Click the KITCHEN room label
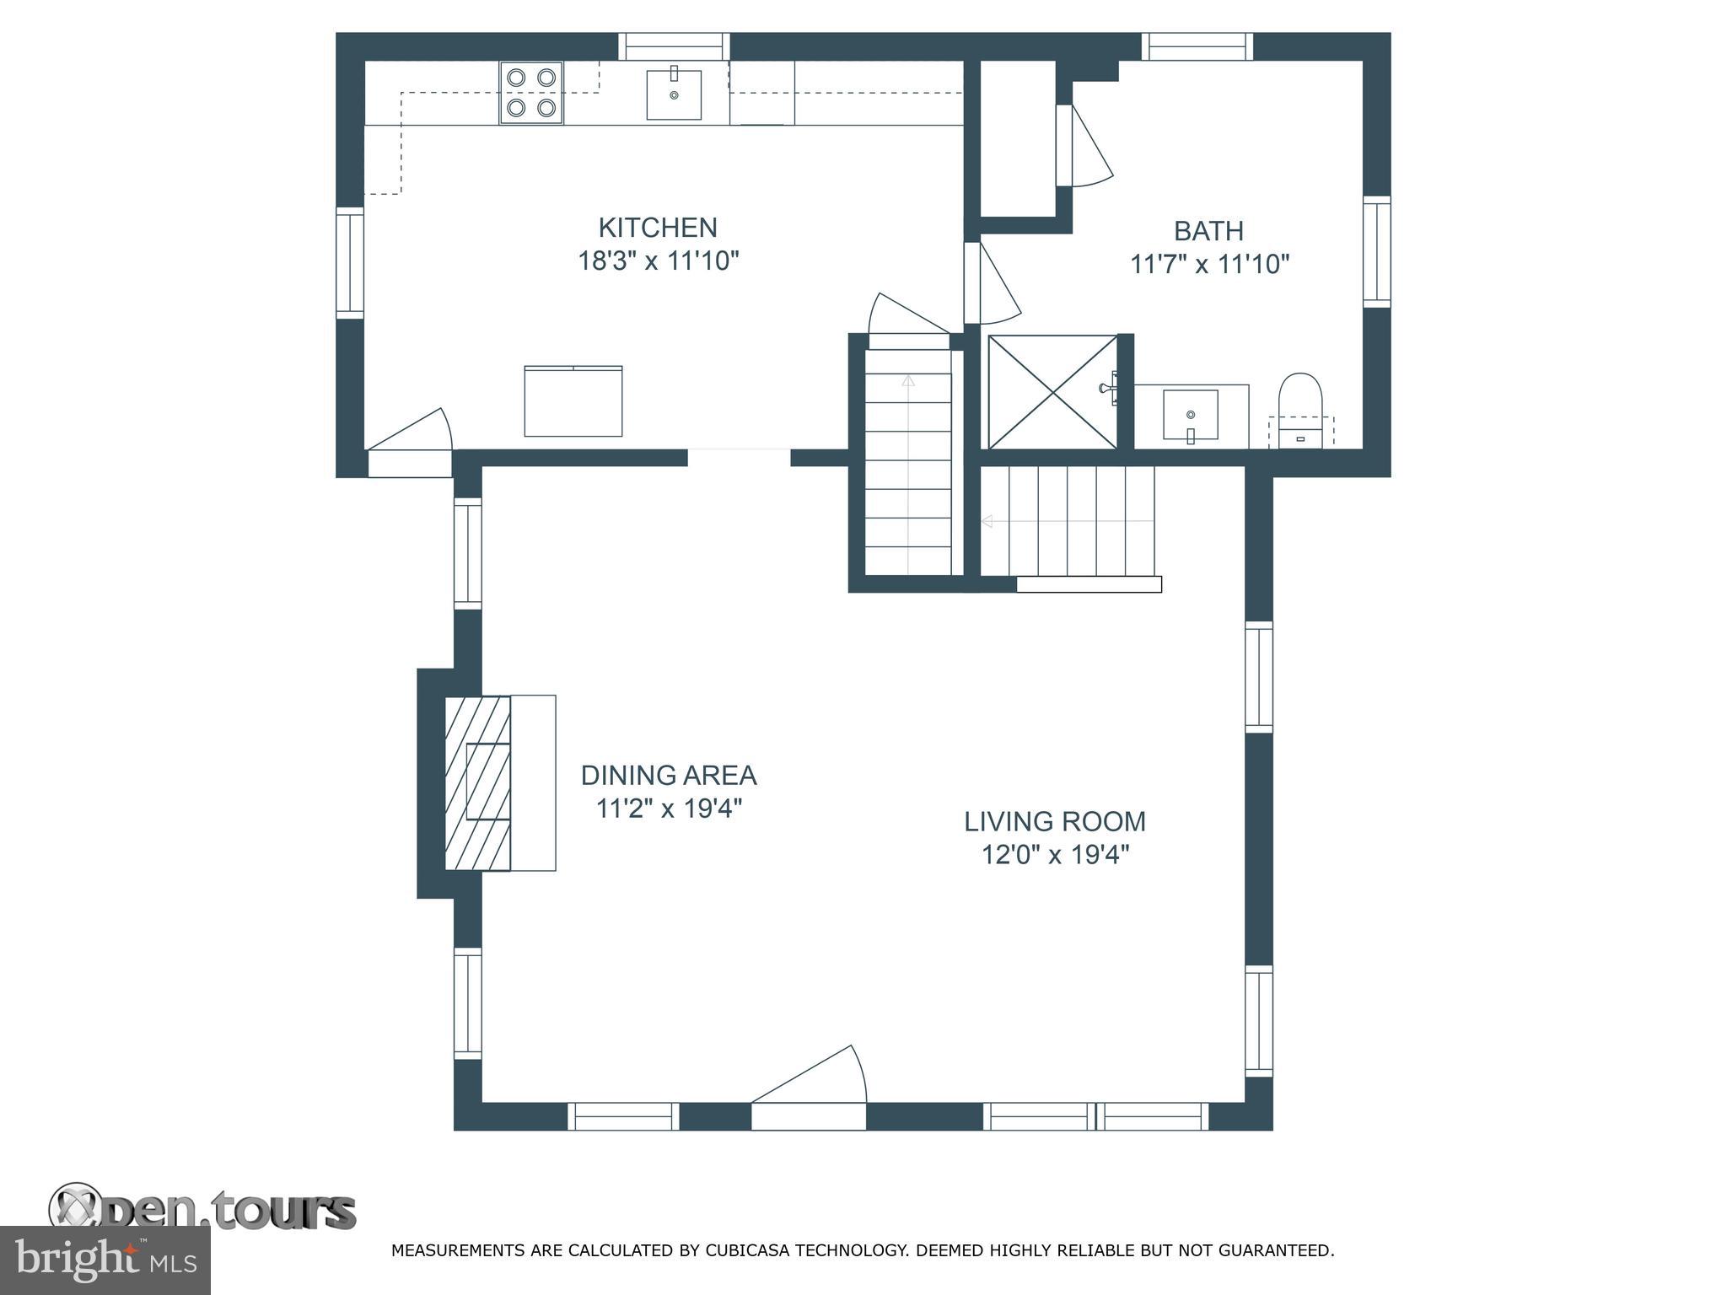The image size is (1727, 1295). pyautogui.click(x=658, y=228)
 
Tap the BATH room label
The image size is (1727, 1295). pyautogui.click(x=1209, y=231)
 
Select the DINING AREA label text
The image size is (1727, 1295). pyautogui.click(x=669, y=775)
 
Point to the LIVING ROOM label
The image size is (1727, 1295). pyautogui.click(x=1055, y=821)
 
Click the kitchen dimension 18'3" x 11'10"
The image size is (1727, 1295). pyautogui.click(x=658, y=261)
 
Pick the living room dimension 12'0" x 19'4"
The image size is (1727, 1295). pyautogui.click(x=1055, y=855)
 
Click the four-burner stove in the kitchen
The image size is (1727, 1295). pyautogui.click(x=531, y=93)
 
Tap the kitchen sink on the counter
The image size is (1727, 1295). pyautogui.click(x=674, y=94)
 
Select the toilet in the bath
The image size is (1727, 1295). pyautogui.click(x=1300, y=411)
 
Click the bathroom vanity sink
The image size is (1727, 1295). pyautogui.click(x=1191, y=415)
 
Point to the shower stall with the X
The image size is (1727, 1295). pyautogui.click(x=1052, y=392)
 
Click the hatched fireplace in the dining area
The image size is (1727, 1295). pyautogui.click(x=478, y=783)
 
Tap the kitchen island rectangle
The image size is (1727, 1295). pyautogui.click(x=573, y=401)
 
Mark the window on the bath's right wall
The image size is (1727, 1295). pyautogui.click(x=1377, y=251)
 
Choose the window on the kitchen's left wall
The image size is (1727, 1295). pyautogui.click(x=350, y=262)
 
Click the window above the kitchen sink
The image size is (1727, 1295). pyautogui.click(x=675, y=46)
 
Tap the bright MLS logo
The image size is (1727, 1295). pyautogui.click(x=105, y=1261)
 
